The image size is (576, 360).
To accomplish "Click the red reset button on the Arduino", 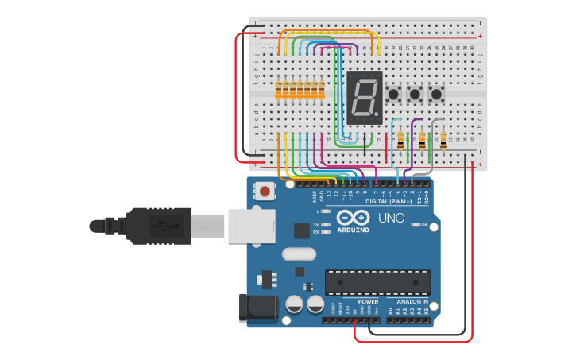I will click(x=265, y=192).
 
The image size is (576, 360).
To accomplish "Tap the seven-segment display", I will click(x=364, y=97).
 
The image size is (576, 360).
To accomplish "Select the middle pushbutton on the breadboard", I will click(x=415, y=95).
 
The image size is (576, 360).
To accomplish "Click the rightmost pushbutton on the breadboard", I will click(x=436, y=95).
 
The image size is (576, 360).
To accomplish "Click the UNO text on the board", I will click(x=391, y=218).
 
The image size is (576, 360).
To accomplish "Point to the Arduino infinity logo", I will click(x=353, y=218).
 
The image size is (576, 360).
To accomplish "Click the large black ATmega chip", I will click(x=377, y=282).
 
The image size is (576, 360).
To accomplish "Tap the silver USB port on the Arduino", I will click(x=251, y=226).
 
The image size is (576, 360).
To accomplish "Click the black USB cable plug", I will click(x=158, y=226).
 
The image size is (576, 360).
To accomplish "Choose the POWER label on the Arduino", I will click(x=368, y=302).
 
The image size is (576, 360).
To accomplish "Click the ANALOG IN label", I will click(x=412, y=302).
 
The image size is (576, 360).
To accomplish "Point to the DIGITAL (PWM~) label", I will click(x=389, y=202).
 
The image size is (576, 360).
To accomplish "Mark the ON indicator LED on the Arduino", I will click(x=416, y=226).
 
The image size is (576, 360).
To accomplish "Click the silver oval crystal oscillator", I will click(x=298, y=254).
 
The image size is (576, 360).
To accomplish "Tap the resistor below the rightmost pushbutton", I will click(x=443, y=141).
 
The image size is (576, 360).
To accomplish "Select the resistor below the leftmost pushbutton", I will click(x=400, y=141).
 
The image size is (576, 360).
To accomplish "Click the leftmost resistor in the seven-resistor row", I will click(x=278, y=90).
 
